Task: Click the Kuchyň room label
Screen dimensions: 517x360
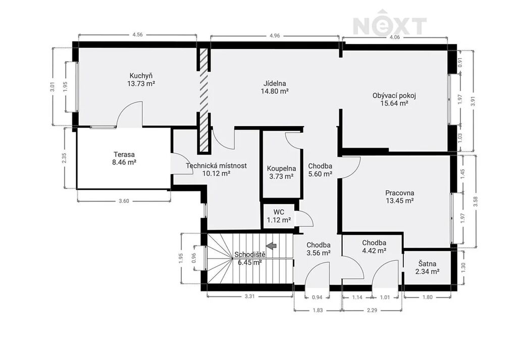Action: point(141,76)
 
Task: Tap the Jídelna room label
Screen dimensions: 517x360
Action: point(275,83)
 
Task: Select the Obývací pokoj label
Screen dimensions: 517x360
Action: point(394,95)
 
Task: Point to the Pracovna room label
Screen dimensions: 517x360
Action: point(400,193)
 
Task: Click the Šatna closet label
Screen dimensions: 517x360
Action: point(427,264)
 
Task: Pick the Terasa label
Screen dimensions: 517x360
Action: point(124,155)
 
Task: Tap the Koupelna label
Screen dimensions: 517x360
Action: point(281,169)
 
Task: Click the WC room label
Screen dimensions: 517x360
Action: point(279,212)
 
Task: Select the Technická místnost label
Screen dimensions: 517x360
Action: point(216,166)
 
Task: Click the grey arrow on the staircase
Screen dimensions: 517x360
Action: point(271,245)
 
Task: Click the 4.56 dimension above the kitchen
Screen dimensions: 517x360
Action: point(137,35)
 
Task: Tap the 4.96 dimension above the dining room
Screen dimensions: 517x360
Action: point(275,36)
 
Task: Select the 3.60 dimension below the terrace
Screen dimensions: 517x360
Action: point(124,201)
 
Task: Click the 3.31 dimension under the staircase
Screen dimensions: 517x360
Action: point(250,296)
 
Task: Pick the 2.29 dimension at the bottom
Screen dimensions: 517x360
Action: point(372,310)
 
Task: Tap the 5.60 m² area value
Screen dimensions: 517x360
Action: point(320,174)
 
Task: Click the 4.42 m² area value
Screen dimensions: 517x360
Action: point(374,250)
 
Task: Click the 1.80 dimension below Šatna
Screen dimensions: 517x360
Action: point(427,297)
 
